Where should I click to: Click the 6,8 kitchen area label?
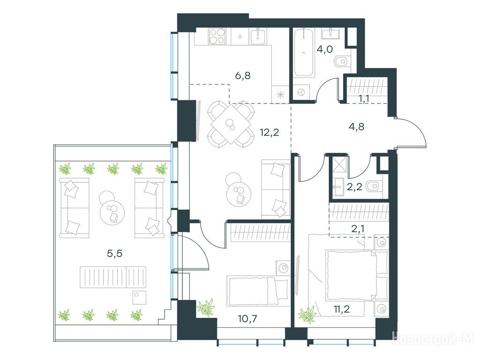pos(243,75)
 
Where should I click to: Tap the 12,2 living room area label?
pos(270,133)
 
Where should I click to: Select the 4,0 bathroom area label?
pos(325,49)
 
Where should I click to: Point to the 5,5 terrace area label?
pos(114,254)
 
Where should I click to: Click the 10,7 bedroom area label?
pos(247,319)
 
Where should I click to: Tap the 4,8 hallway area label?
pos(357,127)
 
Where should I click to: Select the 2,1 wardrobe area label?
pos(358,228)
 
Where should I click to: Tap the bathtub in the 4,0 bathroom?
pos(303,52)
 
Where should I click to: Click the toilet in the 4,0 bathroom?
pos(343,61)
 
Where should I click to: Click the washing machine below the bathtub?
pos(301,92)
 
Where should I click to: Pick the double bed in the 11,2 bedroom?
pos(357,275)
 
